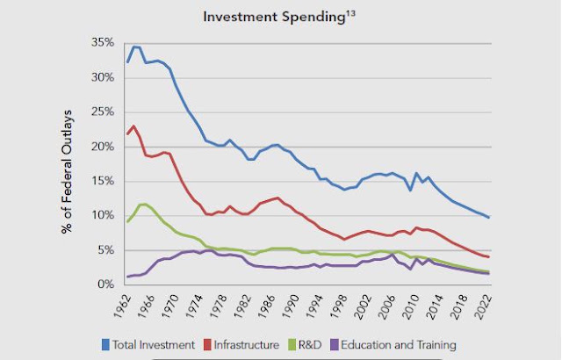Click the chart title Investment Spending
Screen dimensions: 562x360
274,18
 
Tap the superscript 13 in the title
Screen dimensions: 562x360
350,13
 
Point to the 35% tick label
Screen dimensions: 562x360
103,43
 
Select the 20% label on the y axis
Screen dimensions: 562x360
103,147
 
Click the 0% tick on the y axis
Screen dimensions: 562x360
105,284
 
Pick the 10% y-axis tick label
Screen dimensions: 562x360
103,215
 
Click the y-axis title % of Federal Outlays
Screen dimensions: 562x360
67,172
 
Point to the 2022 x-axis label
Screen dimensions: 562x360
483,307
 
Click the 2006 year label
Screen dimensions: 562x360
387,307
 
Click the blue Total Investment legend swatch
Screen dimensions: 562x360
105,344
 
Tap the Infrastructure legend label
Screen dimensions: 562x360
247,344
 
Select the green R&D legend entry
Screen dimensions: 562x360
306,344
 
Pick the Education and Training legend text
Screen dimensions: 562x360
399,344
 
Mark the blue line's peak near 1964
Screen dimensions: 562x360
134,47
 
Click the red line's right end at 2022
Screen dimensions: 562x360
488,256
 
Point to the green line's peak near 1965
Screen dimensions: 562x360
143,205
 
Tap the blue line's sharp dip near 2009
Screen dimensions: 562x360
411,190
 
